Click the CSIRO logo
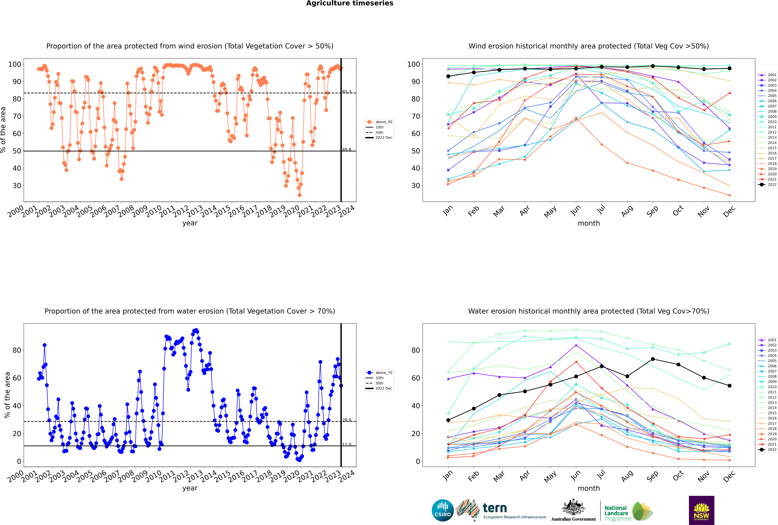(x=442, y=510)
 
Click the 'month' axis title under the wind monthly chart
(x=589, y=223)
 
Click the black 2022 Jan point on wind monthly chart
(x=448, y=76)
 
